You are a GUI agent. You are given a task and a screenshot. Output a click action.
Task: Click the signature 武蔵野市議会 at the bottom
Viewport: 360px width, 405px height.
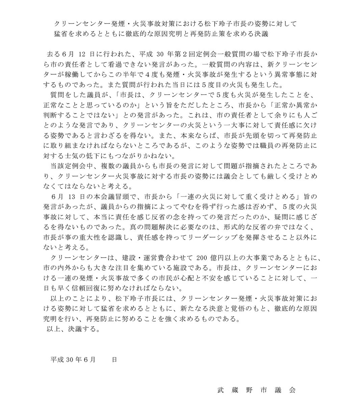click(x=257, y=390)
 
